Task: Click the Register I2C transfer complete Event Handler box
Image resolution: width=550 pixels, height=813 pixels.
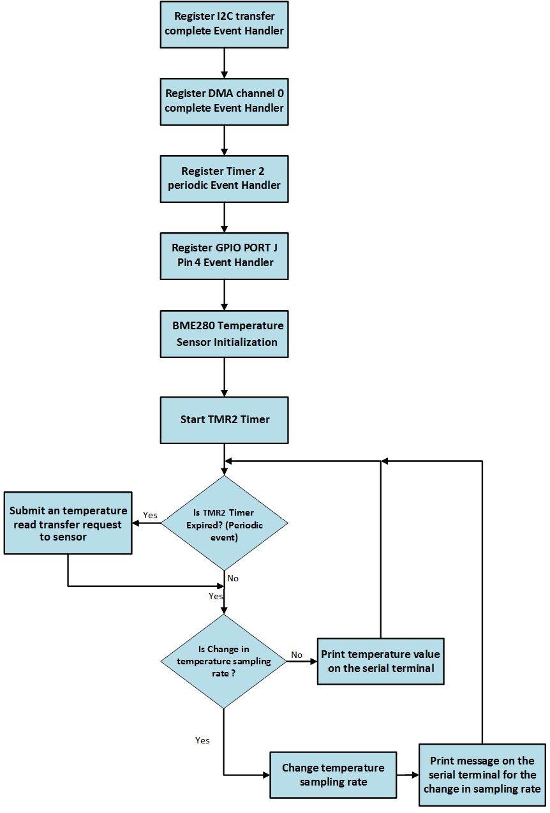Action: tap(224, 24)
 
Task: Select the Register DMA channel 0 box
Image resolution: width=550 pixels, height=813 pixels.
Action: tap(224, 101)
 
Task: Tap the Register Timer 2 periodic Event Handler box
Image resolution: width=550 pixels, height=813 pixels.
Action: tap(224, 179)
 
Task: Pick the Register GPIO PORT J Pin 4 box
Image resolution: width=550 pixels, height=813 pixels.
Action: tap(224, 255)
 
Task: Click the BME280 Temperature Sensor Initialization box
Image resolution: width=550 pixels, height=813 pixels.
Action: tap(224, 334)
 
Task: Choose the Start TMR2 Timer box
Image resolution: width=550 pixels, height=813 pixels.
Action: tap(224, 420)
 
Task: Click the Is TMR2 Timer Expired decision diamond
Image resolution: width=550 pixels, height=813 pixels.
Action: tap(224, 523)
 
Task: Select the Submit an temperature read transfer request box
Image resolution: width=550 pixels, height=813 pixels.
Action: tap(68, 523)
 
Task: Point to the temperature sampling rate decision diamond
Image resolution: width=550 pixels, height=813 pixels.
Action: tap(223, 661)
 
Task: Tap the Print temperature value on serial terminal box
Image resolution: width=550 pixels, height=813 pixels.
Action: tap(380, 661)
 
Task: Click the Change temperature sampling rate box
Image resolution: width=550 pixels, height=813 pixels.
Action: tap(332, 775)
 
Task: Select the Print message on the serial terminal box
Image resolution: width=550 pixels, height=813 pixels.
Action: tap(482, 775)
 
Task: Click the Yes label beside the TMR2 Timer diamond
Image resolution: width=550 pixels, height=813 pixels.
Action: tap(150, 515)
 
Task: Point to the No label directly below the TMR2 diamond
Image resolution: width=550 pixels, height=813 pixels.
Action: tap(233, 578)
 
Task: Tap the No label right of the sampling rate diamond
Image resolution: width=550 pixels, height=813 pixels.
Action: tap(297, 655)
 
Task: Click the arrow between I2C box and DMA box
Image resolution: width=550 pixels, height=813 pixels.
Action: tap(224, 63)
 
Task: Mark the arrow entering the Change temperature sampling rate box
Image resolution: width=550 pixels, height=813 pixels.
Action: tap(255, 775)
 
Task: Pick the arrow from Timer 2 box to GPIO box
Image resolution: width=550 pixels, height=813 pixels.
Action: tap(224, 218)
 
